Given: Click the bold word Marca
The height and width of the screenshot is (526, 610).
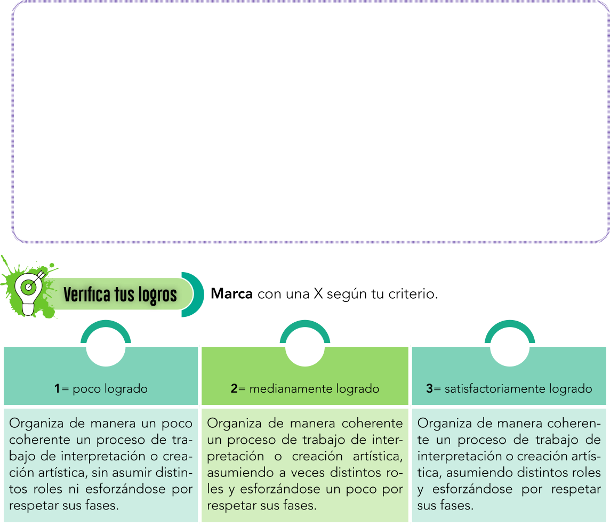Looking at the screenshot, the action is pyautogui.click(x=231, y=293).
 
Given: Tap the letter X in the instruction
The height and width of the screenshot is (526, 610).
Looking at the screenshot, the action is pyautogui.click(x=318, y=293).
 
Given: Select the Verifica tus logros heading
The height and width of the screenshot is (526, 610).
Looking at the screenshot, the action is pyautogui.click(x=120, y=294).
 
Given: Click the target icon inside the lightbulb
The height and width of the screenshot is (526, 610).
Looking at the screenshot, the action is pyautogui.click(x=28, y=287).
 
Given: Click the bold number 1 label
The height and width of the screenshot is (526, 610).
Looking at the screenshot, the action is pyautogui.click(x=57, y=388).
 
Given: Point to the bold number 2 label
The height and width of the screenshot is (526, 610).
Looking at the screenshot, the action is pyautogui.click(x=234, y=388).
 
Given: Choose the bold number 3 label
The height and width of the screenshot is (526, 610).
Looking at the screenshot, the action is pyautogui.click(x=429, y=388).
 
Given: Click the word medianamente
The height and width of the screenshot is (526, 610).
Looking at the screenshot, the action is pyautogui.click(x=291, y=388).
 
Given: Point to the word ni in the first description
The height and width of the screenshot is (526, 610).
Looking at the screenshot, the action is pyautogui.click(x=74, y=489).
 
